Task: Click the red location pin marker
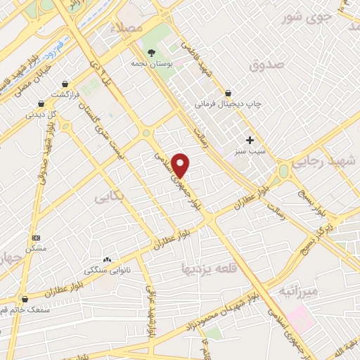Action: coord(181,165)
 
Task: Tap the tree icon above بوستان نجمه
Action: coord(150,52)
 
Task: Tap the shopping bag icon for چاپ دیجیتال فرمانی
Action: coord(228,93)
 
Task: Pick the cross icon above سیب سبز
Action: coord(250,140)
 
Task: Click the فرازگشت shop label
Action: coord(69,94)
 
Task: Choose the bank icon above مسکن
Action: coord(37,238)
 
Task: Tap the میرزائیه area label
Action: coord(299,290)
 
